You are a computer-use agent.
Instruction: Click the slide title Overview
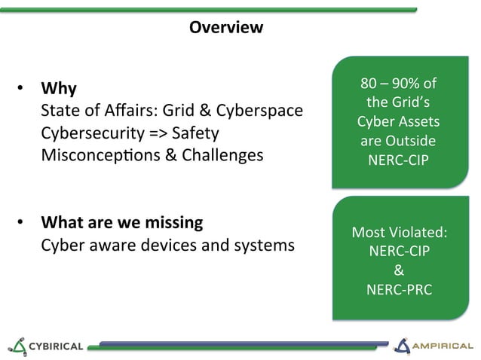[226, 28]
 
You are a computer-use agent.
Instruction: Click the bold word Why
[58, 89]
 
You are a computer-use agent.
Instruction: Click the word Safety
[195, 133]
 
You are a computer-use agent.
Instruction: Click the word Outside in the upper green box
[410, 141]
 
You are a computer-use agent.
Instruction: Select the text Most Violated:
[399, 232]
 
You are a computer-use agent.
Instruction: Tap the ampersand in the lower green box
[399, 270]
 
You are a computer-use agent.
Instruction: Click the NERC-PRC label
[399, 288]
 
